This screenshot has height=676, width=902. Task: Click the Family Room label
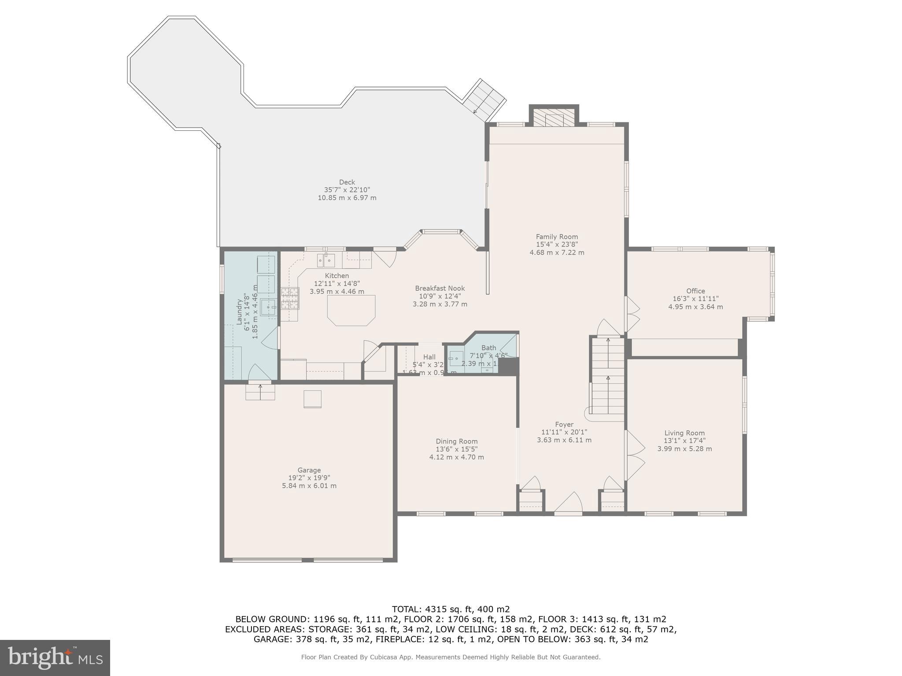(557, 237)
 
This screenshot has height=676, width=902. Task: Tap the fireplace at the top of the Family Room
(553, 118)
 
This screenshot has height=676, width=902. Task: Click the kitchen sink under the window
(326, 261)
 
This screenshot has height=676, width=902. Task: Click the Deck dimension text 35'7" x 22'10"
(347, 190)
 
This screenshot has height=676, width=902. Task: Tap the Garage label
(309, 470)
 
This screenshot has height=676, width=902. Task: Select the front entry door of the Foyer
(568, 504)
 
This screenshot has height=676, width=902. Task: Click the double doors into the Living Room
(634, 455)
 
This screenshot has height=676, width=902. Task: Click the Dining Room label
(456, 441)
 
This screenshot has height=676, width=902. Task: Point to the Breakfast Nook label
(440, 288)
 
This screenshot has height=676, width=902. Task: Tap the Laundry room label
(240, 312)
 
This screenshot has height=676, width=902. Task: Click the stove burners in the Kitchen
(290, 298)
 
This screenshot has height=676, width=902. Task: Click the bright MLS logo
(55, 658)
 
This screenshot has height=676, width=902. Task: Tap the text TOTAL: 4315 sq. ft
(451, 610)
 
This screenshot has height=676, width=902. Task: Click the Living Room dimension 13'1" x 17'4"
(684, 441)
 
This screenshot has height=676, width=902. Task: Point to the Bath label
(488, 348)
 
